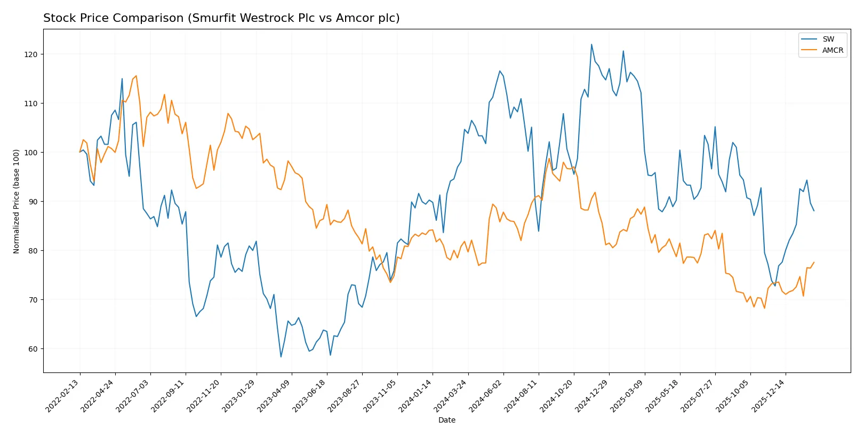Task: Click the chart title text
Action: tap(221, 18)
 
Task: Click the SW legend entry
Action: tap(828, 39)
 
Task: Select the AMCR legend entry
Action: tap(832, 50)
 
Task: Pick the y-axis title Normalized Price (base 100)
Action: tap(17, 201)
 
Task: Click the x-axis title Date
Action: tap(446, 420)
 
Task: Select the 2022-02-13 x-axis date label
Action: tap(63, 396)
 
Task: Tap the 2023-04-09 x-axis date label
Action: tap(275, 396)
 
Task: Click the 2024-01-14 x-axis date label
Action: tap(415, 396)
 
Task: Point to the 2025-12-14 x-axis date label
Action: tap(769, 396)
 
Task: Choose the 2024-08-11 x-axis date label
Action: tap(522, 396)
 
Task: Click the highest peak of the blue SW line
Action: tap(591, 44)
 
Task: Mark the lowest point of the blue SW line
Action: tap(281, 356)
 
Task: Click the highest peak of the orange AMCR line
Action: tap(136, 76)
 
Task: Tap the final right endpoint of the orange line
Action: tap(814, 262)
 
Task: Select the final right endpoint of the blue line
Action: tap(814, 211)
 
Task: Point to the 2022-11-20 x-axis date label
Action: tap(204, 396)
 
